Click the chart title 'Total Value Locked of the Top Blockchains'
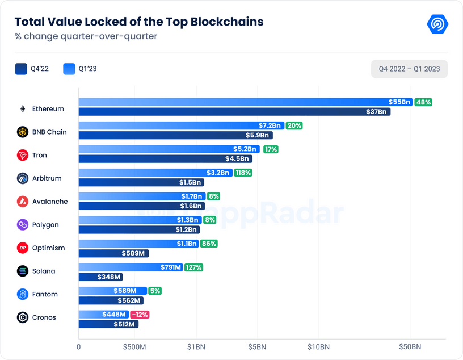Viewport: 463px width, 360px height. [x=139, y=22]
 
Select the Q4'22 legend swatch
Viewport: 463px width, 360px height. [x=22, y=69]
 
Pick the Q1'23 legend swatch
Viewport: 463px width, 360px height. [x=69, y=69]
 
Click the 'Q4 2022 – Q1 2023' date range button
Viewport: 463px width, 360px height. [x=409, y=69]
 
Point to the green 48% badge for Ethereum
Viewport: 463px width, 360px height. [x=423, y=102]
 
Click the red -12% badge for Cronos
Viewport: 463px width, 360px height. [x=140, y=315]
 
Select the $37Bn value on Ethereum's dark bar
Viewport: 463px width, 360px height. [x=376, y=112]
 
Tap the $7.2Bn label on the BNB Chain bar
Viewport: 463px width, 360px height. [x=270, y=125]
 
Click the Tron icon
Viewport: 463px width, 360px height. [x=23, y=155]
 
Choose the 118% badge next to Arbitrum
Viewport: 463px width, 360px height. [x=243, y=172]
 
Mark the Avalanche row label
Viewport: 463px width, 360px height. [x=50, y=202]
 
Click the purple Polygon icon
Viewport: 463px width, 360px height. [x=23, y=225]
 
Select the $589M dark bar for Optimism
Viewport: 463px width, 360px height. [x=113, y=253]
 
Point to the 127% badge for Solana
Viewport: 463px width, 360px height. [x=193, y=267]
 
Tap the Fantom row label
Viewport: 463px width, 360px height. [x=45, y=294]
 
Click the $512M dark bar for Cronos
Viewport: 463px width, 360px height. [x=108, y=324]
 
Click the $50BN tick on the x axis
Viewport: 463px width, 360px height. [x=409, y=346]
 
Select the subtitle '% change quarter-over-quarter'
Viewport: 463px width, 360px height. [x=86, y=37]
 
